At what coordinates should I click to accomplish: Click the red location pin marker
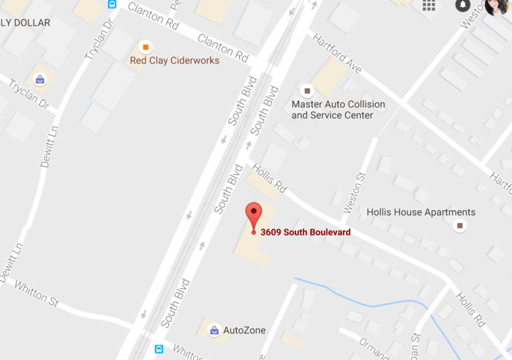pyautogui.click(x=253, y=215)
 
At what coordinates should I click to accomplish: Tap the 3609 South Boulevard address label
pyautogui.click(x=306, y=233)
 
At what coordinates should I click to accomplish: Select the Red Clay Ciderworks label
pyautogui.click(x=174, y=61)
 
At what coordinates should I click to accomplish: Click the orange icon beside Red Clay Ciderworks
pyautogui.click(x=146, y=47)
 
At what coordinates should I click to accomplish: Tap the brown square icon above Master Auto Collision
pyautogui.click(x=307, y=91)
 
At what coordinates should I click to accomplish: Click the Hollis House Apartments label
pyautogui.click(x=421, y=212)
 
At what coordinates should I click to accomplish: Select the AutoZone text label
pyautogui.click(x=244, y=331)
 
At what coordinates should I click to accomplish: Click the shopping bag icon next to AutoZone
pyautogui.click(x=214, y=331)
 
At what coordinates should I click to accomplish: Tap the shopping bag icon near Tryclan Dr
pyautogui.click(x=39, y=79)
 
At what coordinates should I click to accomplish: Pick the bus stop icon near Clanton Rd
pyautogui.click(x=112, y=4)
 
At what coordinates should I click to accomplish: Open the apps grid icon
pyautogui.click(x=429, y=5)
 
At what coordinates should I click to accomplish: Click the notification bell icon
pyautogui.click(x=462, y=5)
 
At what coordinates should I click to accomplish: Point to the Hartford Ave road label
pyautogui.click(x=338, y=56)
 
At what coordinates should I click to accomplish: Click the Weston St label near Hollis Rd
pyautogui.click(x=361, y=187)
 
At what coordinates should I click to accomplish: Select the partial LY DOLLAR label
pyautogui.click(x=26, y=23)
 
